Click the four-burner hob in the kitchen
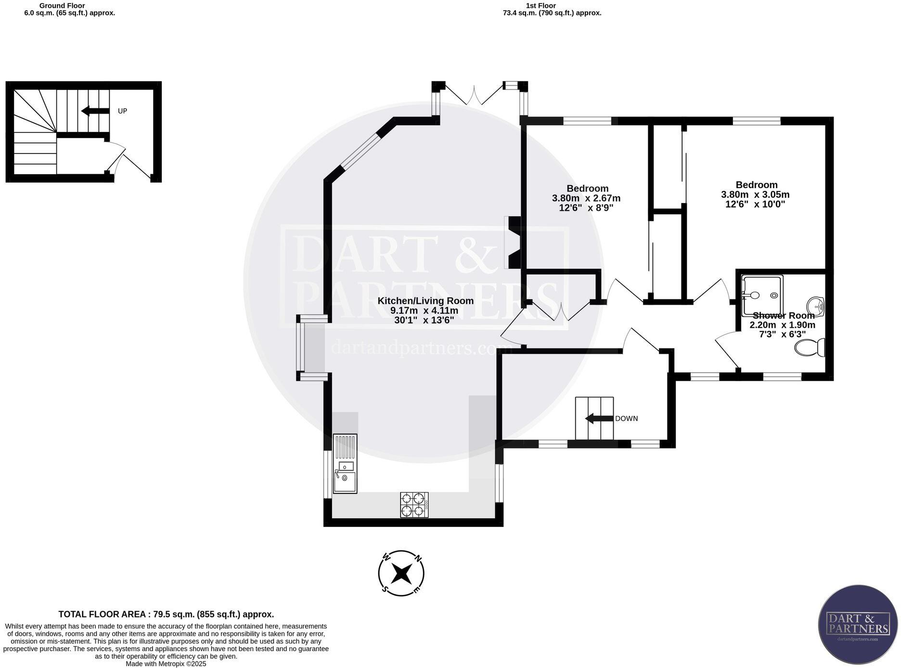[414, 504]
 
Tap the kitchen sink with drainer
[345, 464]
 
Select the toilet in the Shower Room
[810, 347]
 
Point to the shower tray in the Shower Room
[762, 295]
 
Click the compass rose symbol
[401, 573]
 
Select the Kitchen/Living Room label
[425, 301]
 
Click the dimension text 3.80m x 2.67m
[586, 198]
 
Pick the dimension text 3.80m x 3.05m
[755, 194]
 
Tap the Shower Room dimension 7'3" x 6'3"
[782, 334]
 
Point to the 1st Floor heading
[541, 6]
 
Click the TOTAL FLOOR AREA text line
[166, 614]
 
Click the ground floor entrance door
[129, 161]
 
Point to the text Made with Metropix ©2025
[166, 664]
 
